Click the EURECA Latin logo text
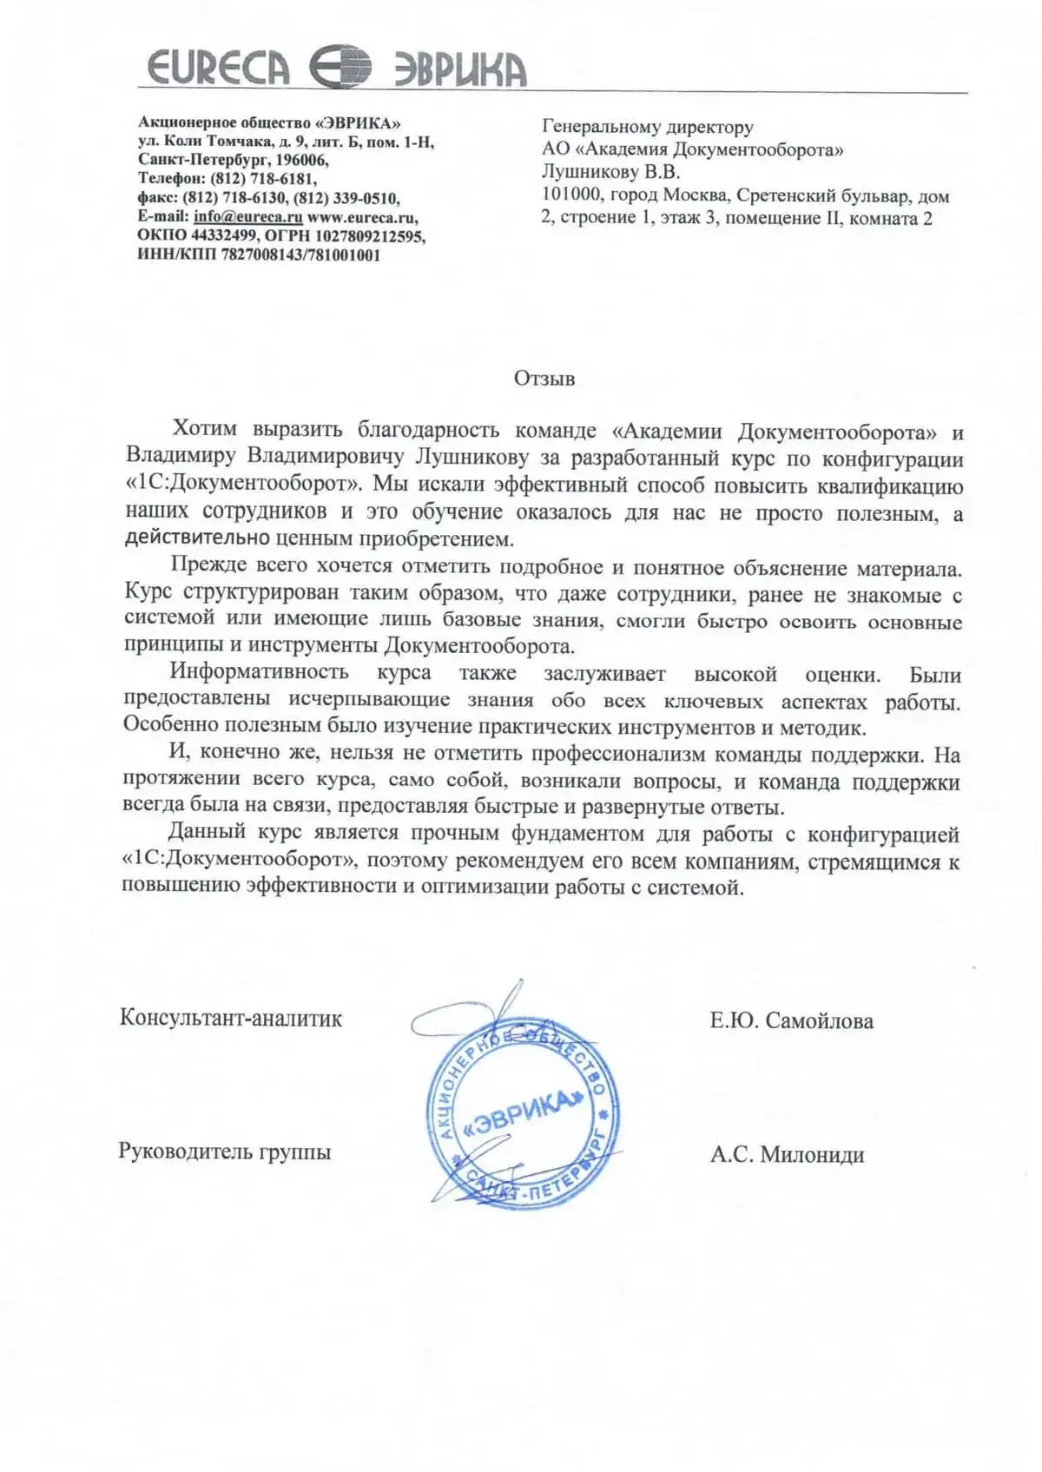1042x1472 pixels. (217, 68)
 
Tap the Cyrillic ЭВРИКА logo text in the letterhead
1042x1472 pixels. (460, 69)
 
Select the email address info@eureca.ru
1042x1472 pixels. (248, 217)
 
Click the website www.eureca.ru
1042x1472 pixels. (362, 217)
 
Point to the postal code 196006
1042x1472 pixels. (301, 160)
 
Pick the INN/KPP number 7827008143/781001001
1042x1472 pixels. (300, 255)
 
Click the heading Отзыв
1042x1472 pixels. (544, 379)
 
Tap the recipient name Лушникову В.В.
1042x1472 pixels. (610, 172)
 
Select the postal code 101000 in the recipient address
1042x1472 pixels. (571, 195)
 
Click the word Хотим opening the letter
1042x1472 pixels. (204, 429)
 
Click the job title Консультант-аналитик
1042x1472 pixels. (231, 1018)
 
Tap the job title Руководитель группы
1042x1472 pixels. (225, 1152)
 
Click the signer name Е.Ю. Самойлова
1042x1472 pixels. (791, 1021)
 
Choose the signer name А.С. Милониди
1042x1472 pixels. (787, 1155)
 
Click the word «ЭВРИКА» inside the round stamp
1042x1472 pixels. (522, 1113)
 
